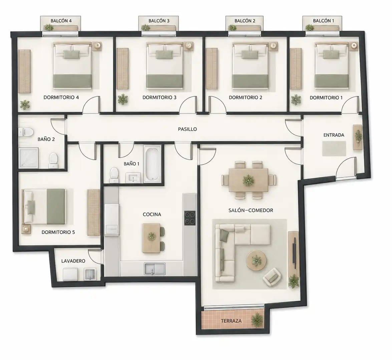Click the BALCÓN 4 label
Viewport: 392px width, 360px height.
click(x=61, y=21)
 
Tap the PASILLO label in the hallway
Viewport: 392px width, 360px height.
click(x=187, y=129)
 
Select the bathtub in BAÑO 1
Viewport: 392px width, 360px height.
click(x=152, y=164)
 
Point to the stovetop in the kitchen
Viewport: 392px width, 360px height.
click(x=190, y=218)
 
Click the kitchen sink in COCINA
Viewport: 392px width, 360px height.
click(x=154, y=269)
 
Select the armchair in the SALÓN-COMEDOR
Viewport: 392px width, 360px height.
click(x=272, y=277)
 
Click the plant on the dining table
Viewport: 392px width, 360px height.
click(x=248, y=180)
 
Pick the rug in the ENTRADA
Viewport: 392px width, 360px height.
click(x=334, y=148)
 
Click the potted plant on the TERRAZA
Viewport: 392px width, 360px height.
click(x=257, y=320)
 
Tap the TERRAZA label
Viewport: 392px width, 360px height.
click(x=231, y=321)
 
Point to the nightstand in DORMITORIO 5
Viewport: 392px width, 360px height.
click(x=26, y=229)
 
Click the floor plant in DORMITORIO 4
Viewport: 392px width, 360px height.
click(x=25, y=105)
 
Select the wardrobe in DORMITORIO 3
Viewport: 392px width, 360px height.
click(x=123, y=69)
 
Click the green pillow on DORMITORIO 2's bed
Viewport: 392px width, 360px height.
click(x=245, y=54)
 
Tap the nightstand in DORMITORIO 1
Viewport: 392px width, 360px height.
click(x=354, y=46)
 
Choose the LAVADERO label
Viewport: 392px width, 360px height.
click(x=73, y=261)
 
